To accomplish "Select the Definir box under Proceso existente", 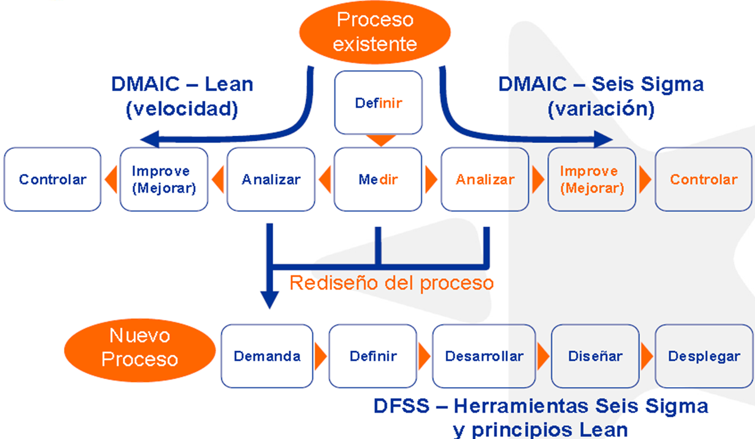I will pos(378,103).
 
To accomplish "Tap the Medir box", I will pos(378,180).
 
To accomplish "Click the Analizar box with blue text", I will pos(270,180).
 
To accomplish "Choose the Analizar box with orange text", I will pos(485,180).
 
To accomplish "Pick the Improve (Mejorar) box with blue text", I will pos(164,180).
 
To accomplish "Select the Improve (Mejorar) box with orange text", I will pos(592,180).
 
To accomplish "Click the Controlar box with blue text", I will pos(53,180).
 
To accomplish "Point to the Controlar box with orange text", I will pos(703,180).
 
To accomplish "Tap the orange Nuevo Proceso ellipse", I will pos(140,347).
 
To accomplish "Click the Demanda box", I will pos(267,356).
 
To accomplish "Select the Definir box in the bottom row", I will pos(373,356).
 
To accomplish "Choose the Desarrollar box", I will pos(484,356).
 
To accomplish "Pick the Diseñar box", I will pos(595,356).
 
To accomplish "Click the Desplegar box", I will pos(704,356).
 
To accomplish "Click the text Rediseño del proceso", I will pos(391,283).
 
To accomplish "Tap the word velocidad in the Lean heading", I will pos(181,109).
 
